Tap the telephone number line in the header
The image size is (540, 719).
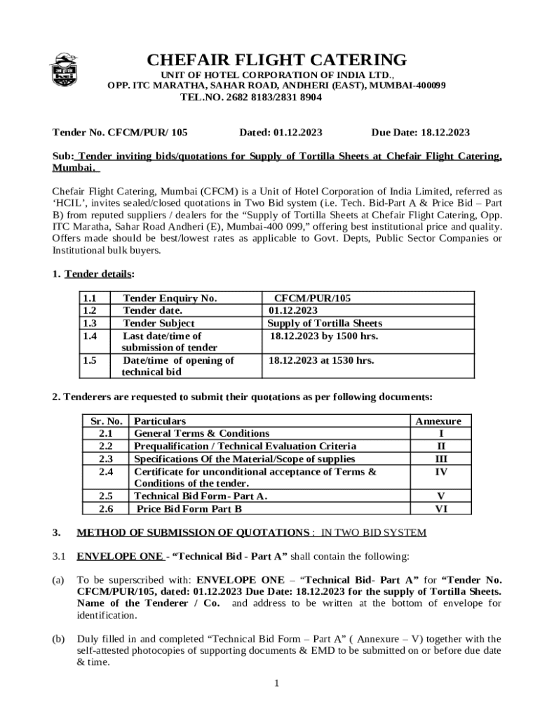[251, 98]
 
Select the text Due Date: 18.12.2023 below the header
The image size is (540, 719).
[420, 132]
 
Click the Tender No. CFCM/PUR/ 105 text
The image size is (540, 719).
[120, 132]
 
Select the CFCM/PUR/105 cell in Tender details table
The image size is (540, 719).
[312, 298]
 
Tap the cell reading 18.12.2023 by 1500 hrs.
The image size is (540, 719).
[324, 336]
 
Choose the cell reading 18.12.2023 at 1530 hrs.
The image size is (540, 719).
[321, 360]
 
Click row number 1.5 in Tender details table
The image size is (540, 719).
[89, 360]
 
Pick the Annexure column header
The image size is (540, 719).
[438, 421]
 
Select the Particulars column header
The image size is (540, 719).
[160, 421]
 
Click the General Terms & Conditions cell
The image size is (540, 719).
[201, 434]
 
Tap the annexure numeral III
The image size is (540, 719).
[440, 459]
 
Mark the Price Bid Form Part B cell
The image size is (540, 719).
[189, 508]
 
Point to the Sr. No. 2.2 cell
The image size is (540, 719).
[106, 447]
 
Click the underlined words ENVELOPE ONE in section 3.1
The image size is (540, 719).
[119, 557]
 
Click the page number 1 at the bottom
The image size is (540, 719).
[277, 682]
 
